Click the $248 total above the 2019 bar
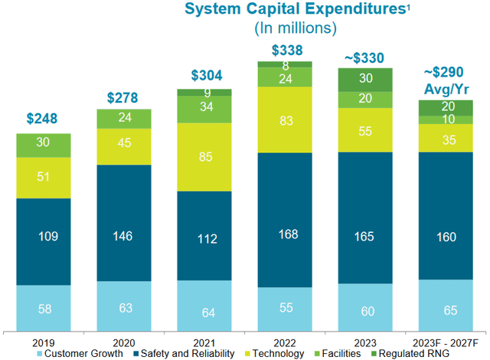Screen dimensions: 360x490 44,119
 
